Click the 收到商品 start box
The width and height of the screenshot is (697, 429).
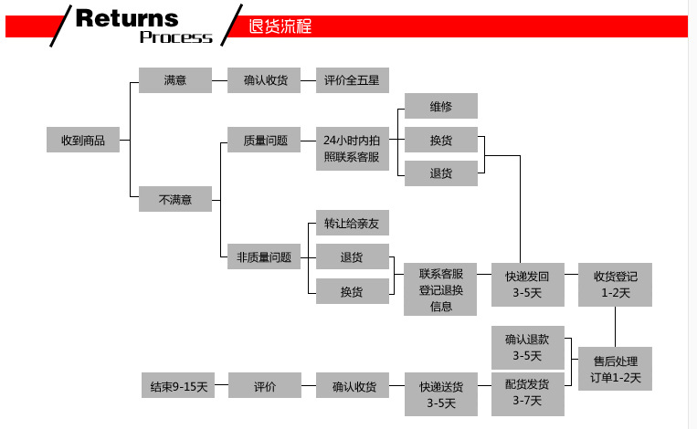tap(83, 141)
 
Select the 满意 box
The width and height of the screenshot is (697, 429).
tap(174, 80)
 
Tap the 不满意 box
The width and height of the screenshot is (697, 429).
tap(174, 199)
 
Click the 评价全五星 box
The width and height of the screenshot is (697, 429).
tap(353, 80)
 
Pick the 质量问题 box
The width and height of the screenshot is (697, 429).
tap(264, 141)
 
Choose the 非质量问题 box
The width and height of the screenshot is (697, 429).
tap(264, 257)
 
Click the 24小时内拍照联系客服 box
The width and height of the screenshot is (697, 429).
tap(353, 148)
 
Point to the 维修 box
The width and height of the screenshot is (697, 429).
tap(440, 107)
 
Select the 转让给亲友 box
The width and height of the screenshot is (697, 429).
tap(353, 224)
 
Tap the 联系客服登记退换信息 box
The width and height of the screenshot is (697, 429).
tap(440, 289)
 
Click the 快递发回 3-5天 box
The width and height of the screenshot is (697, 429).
tap(527, 284)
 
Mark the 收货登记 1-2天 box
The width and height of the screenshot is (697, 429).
tap(615, 284)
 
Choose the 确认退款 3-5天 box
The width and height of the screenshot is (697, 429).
tap(527, 347)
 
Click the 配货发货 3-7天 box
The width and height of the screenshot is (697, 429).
tap(527, 392)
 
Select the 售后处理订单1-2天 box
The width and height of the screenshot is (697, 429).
tap(615, 369)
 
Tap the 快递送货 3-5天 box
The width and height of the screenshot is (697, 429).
tap(440, 393)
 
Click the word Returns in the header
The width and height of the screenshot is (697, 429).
tap(127, 17)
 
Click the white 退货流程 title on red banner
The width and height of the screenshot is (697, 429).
tap(280, 26)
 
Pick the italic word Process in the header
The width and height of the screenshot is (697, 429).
tap(175, 37)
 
